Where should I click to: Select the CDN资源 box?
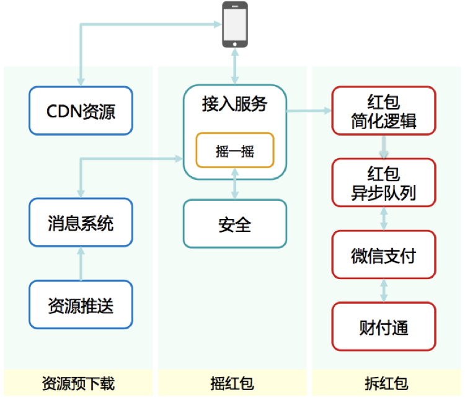pyautogui.click(x=81, y=111)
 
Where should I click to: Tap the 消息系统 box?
pyautogui.click(x=81, y=222)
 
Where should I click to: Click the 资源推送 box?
pyautogui.click(x=81, y=304)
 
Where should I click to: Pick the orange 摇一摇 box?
pyautogui.click(x=235, y=150)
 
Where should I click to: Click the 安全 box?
pyautogui.click(x=235, y=223)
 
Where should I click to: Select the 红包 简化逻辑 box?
pyautogui.click(x=384, y=111)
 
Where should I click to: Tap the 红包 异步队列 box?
pyautogui.click(x=384, y=183)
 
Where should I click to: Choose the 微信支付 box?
pyautogui.click(x=384, y=255)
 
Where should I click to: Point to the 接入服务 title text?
pyautogui.click(x=235, y=104)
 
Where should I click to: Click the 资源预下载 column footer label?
pyautogui.click(x=78, y=383)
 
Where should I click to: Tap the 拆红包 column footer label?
pyautogui.click(x=386, y=383)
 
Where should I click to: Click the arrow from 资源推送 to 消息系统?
pyautogui.click(x=81, y=263)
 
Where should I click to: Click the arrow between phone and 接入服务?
pyautogui.click(x=235, y=67)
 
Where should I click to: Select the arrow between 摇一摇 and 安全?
pyautogui.click(x=235, y=183)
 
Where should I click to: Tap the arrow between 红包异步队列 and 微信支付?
pyautogui.click(x=384, y=218)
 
